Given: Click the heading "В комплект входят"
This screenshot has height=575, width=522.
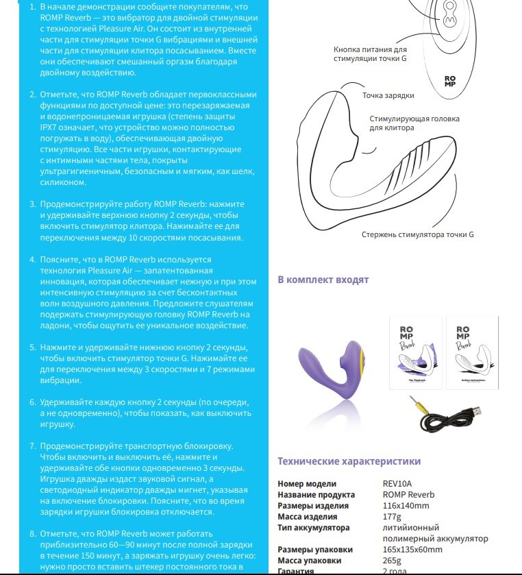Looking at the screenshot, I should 323,280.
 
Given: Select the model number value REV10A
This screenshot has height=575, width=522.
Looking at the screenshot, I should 398,483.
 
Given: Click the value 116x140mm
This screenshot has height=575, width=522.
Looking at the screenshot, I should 406,506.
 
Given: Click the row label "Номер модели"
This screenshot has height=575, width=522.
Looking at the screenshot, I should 307,483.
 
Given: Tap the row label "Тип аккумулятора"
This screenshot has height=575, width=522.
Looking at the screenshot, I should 314,528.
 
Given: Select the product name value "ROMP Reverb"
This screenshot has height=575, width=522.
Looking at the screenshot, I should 408,495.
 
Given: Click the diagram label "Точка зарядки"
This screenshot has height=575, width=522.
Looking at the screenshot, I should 388,95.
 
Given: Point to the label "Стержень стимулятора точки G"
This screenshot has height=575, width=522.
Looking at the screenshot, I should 417,234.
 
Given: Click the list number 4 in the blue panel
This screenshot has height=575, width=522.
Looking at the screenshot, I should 33,260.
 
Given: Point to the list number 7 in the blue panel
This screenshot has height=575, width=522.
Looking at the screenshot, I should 33,446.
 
